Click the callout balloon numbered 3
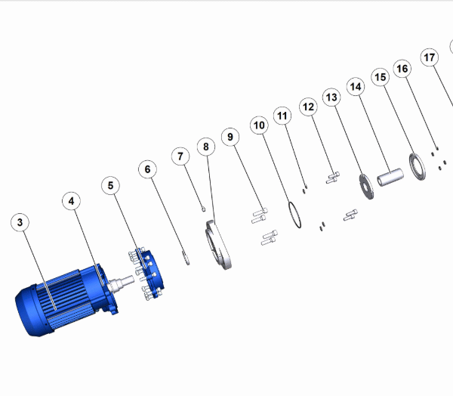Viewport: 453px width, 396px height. click(20, 222)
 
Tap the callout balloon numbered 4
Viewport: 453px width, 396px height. click(72, 201)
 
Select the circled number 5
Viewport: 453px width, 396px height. click(111, 185)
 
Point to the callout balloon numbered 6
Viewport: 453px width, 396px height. click(148, 169)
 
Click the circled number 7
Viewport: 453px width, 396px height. click(180, 156)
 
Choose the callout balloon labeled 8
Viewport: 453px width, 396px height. click(206, 147)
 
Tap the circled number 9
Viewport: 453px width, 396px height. click(230, 137)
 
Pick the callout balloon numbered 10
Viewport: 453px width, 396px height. click(259, 125)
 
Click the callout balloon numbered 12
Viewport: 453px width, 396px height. click(309, 107)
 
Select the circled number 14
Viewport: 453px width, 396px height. click(356, 86)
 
